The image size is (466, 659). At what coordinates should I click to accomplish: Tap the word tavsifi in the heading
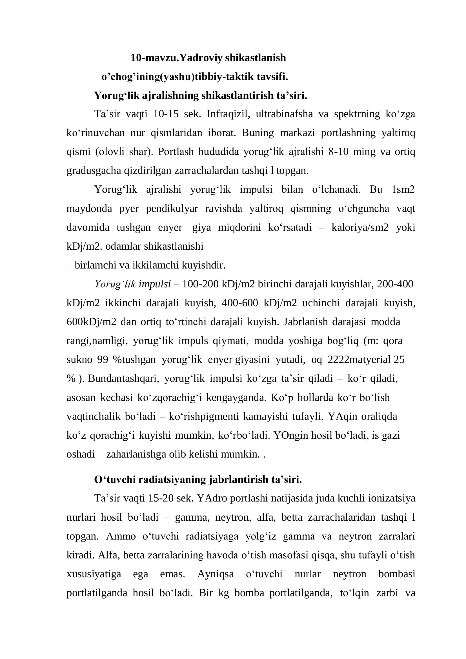click(272, 77)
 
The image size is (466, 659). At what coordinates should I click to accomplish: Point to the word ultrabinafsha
click(284, 114)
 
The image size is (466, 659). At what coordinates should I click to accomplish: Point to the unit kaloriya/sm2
click(360, 228)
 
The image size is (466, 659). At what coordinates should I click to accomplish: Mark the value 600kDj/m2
click(91, 322)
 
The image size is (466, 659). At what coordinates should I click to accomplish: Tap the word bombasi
click(397, 574)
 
